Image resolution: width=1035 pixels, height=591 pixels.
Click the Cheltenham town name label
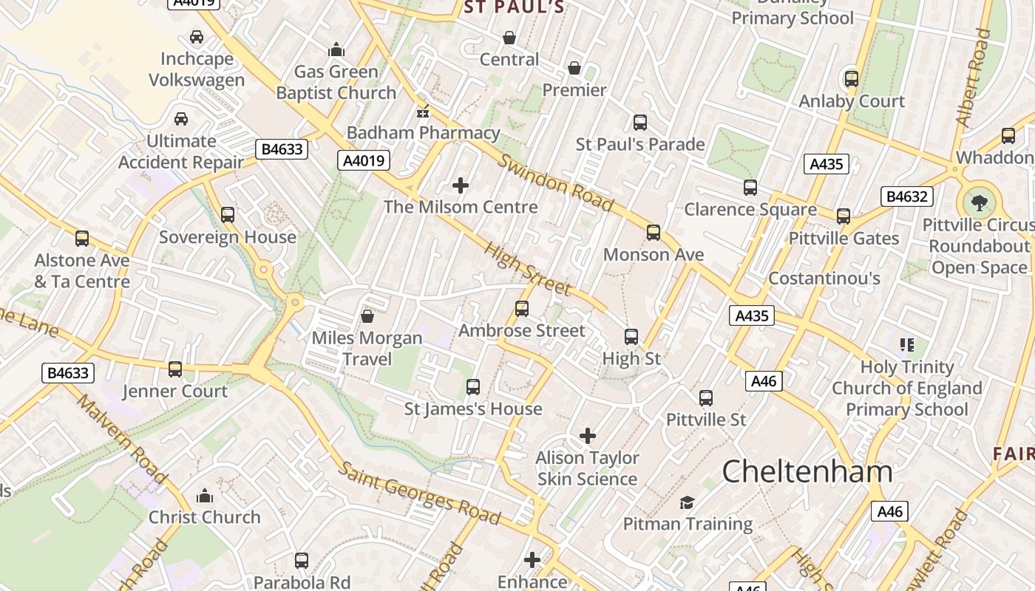(x=807, y=471)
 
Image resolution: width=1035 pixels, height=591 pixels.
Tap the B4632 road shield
(x=907, y=197)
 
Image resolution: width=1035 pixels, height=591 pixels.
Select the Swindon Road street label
(x=555, y=182)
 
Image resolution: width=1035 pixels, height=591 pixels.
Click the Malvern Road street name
(x=122, y=440)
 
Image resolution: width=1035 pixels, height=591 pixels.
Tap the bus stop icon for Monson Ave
(x=654, y=233)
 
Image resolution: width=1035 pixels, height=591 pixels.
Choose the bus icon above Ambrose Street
(x=522, y=309)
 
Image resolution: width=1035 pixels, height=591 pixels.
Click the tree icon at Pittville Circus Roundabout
(x=980, y=202)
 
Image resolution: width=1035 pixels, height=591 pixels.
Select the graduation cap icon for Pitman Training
(x=688, y=502)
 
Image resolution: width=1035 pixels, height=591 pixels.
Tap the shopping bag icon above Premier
(x=574, y=69)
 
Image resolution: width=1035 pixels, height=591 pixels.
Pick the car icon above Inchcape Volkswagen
(x=197, y=37)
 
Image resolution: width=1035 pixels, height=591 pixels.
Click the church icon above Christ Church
(x=205, y=496)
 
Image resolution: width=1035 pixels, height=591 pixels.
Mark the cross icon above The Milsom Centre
(x=461, y=185)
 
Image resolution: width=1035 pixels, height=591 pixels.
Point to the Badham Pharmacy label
(x=424, y=133)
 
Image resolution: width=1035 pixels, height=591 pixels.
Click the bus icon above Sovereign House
(x=228, y=215)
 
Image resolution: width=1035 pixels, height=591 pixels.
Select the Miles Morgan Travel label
(x=367, y=349)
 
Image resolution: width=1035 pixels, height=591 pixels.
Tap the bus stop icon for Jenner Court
(x=175, y=369)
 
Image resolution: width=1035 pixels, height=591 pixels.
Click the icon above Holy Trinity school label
(x=907, y=345)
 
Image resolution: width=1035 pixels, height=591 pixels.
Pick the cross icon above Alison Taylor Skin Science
(x=588, y=436)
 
